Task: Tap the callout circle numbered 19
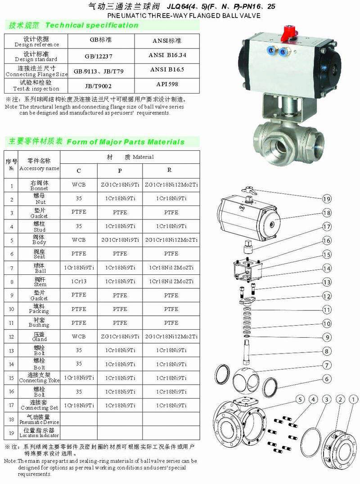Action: pos(327,199)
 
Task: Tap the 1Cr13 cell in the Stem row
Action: pos(79,281)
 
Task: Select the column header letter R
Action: pos(169,170)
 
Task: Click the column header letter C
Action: pos(79,170)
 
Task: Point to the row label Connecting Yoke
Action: pos(39,377)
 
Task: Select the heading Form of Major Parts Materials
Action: pos(126,142)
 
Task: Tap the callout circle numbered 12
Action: pos(327,296)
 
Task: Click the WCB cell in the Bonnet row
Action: pos(79,184)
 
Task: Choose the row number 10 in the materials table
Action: pos(11,309)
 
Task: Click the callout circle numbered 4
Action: pos(313,399)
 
